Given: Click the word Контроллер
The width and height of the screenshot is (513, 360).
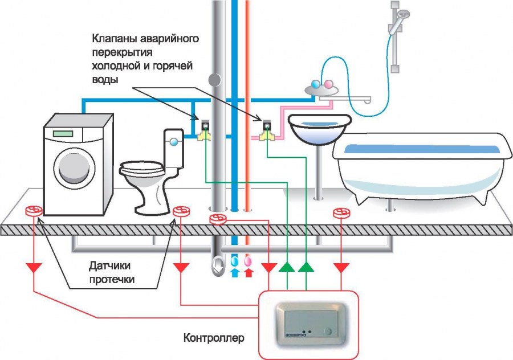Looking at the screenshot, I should (214, 338).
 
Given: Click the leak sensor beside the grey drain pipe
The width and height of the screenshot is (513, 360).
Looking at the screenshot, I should (218, 219).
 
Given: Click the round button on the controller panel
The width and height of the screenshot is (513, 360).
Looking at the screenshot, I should (329, 331).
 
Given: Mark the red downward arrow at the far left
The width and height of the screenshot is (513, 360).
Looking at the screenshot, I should (34, 267).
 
